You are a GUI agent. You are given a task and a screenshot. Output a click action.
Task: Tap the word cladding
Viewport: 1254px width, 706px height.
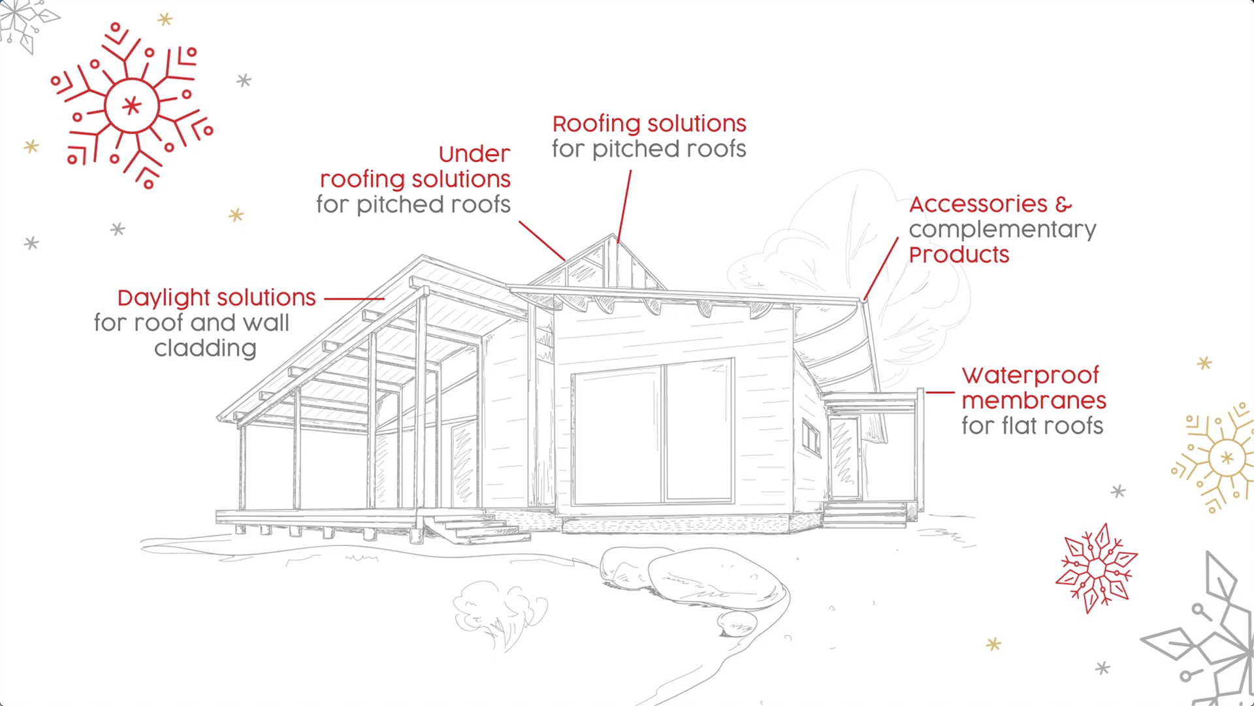[x=205, y=349]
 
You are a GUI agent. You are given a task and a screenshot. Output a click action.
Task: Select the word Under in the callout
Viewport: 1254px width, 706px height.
[x=474, y=154]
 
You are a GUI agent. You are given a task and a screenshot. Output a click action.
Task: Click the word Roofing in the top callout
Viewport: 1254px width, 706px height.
[x=596, y=124]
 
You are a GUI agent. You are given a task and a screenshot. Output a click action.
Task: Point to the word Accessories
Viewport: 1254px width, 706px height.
[x=978, y=204]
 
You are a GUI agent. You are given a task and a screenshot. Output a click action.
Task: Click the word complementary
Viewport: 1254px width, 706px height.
[x=1002, y=230]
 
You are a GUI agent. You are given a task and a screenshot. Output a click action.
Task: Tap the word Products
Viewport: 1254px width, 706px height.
[x=959, y=255]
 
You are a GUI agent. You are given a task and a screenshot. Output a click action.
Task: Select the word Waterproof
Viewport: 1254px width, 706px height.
[x=1030, y=376]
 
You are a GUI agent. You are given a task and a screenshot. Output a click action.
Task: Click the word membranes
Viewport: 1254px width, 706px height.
[x=1033, y=400]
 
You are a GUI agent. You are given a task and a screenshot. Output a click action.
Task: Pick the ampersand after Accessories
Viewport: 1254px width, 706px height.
[x=1063, y=204]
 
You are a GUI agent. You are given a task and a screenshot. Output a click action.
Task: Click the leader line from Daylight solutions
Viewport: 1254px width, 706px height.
[x=354, y=298]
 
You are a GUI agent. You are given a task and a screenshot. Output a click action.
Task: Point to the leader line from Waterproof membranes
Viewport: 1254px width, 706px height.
[x=940, y=393]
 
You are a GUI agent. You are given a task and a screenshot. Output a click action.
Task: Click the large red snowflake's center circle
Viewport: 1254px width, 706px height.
[x=132, y=105]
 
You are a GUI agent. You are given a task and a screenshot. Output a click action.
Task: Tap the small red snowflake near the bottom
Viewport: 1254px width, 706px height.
[x=1096, y=568]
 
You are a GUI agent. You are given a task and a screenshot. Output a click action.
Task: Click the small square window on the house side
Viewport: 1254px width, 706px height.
[x=811, y=437]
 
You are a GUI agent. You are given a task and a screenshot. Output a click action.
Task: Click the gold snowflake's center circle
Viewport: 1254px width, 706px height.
[x=1227, y=458]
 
